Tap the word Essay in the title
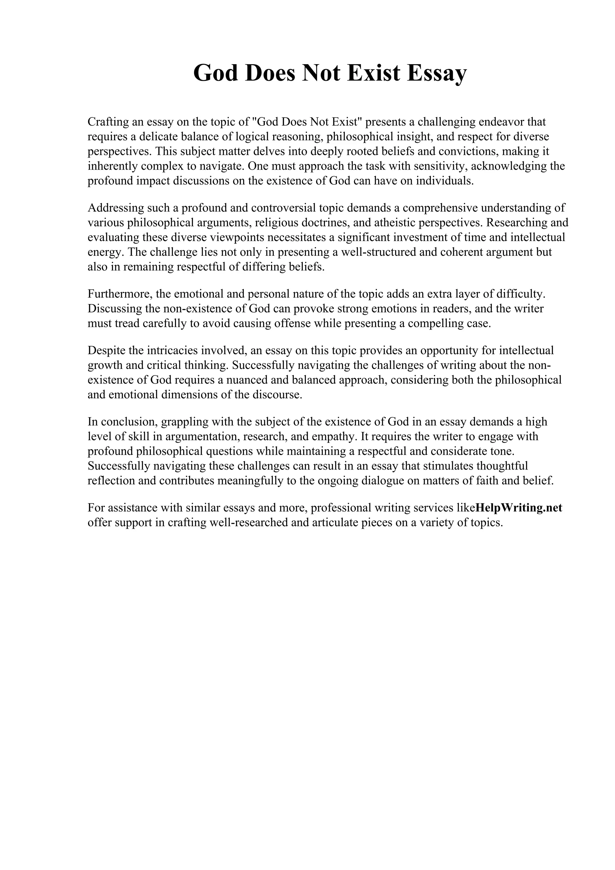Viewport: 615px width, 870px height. [x=437, y=73]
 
